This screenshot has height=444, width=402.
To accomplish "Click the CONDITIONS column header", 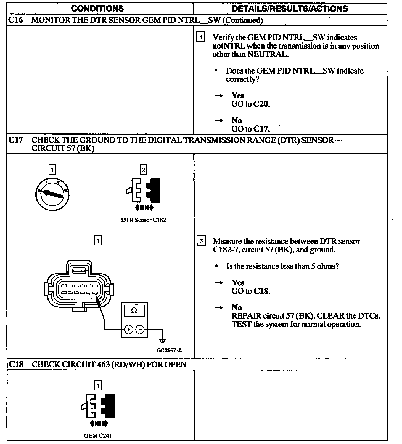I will (97, 8).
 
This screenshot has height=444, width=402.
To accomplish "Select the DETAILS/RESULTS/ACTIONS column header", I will (290, 8).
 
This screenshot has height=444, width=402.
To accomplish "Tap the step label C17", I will (15, 140).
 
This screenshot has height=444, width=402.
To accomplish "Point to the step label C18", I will (16, 364).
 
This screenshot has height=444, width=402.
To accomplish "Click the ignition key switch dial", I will (52, 194).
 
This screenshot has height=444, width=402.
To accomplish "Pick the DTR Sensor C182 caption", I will (144, 220).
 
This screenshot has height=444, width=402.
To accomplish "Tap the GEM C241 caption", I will (98, 436).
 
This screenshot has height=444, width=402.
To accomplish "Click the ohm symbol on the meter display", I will (134, 311).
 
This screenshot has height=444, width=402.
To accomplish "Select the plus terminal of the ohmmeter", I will (129, 329).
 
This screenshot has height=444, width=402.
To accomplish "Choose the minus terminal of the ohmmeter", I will (140, 329).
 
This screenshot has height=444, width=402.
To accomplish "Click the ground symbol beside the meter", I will (163, 340).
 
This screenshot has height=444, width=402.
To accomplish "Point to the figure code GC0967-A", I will (169, 351).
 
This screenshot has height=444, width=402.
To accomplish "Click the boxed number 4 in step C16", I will (201, 37).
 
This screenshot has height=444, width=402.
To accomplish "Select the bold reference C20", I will (261, 104).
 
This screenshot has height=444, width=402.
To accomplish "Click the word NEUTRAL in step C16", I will (267, 54).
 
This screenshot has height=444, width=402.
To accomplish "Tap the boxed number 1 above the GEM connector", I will (98, 386).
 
